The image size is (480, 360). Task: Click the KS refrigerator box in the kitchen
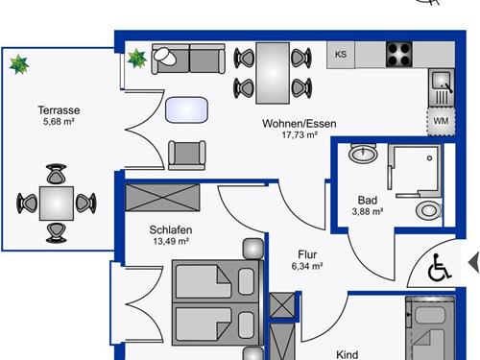(341, 55)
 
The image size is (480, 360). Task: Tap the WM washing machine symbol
(441, 121)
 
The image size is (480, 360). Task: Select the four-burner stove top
(399, 55)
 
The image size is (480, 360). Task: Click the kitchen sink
(442, 87)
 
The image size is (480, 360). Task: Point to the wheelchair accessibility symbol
(439, 268)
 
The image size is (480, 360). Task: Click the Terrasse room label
(59, 110)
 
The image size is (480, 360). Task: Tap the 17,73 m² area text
(300, 135)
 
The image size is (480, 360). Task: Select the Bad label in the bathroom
(368, 200)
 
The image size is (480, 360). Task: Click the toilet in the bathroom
(429, 210)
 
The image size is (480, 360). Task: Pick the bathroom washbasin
(363, 153)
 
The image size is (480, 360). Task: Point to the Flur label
(307, 254)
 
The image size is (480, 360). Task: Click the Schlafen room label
(171, 229)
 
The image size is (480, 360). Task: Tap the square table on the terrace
(57, 204)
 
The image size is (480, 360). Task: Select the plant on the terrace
(19, 64)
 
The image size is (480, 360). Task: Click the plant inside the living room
(136, 59)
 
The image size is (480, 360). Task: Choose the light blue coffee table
(186, 109)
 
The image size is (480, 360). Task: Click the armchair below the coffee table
(187, 155)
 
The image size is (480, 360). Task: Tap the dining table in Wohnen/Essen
(273, 73)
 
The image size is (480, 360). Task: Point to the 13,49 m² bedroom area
(171, 241)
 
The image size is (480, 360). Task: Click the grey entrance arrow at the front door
(474, 263)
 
